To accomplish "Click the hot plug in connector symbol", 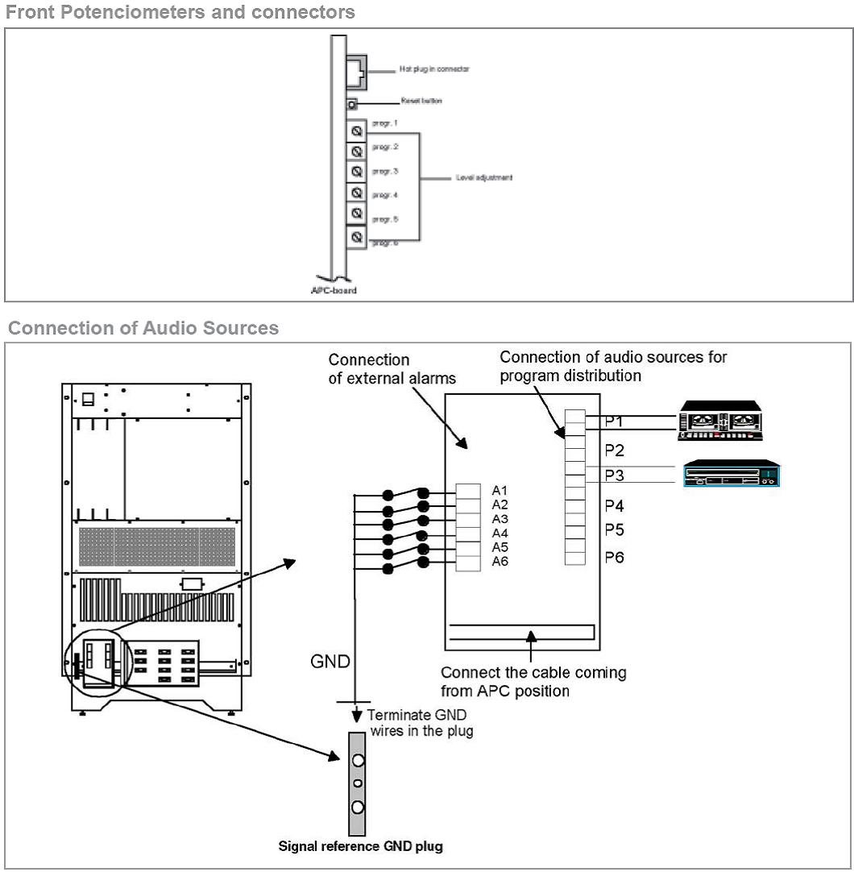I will (x=356, y=70).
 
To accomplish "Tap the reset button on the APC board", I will (x=352, y=103).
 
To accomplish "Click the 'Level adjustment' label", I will (x=479, y=177).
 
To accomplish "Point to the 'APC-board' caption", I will (x=334, y=290).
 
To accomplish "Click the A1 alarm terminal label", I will (x=499, y=490).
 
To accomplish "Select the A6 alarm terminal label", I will (x=499, y=562).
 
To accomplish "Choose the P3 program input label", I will (x=614, y=475).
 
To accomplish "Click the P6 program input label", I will (x=614, y=557).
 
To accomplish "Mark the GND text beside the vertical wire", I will (x=330, y=662).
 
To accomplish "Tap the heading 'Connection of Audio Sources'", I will (x=143, y=329).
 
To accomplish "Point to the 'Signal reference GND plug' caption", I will (x=360, y=846).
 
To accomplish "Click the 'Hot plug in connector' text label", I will (x=434, y=69).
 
